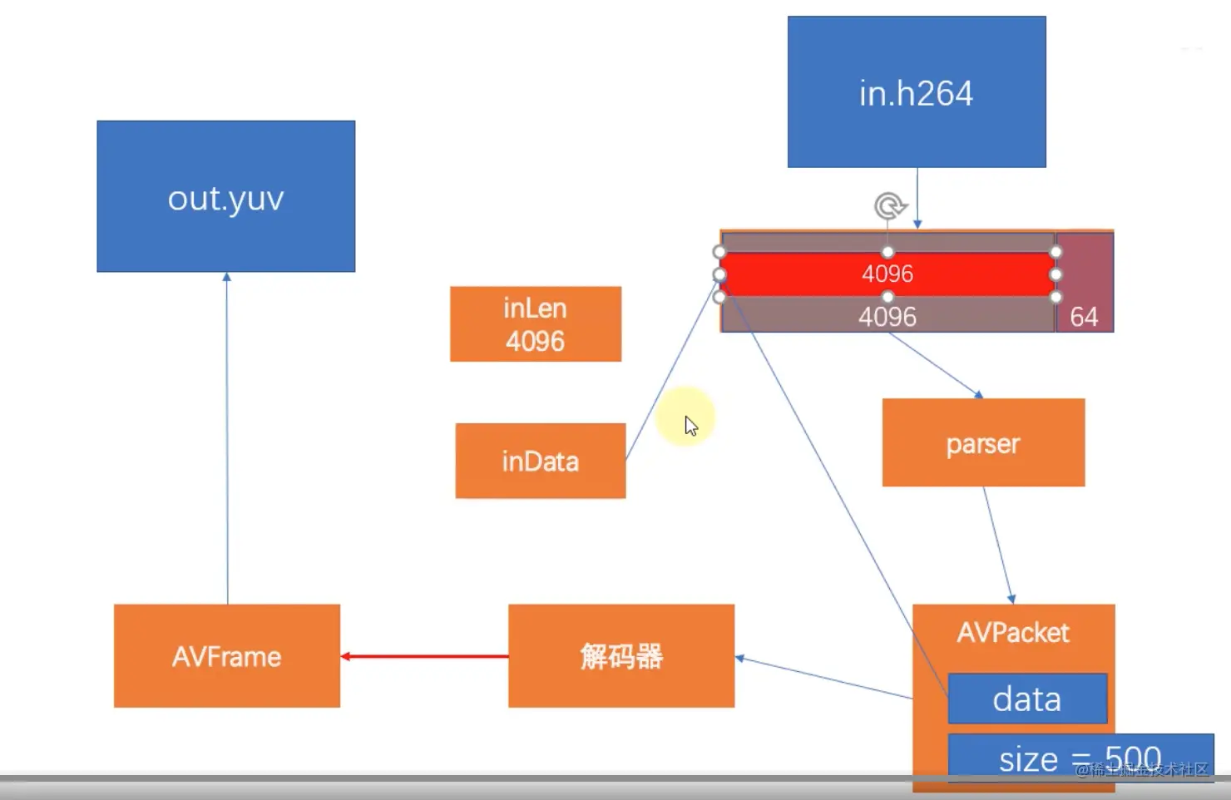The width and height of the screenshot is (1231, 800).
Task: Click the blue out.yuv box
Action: (225, 196)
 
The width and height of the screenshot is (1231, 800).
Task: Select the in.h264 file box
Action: (916, 91)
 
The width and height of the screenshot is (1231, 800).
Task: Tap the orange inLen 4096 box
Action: (535, 323)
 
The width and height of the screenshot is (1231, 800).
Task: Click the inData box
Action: (540, 461)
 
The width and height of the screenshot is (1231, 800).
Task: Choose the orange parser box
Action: (983, 442)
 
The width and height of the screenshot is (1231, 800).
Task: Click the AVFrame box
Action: (226, 656)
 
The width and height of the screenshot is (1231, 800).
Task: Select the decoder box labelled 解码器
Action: (620, 656)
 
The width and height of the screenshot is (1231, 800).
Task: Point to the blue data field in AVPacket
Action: (1027, 699)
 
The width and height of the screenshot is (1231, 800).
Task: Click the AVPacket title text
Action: (1013, 633)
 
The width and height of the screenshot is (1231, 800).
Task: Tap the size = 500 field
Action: (1080, 757)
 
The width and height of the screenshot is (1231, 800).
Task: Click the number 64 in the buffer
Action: (1084, 317)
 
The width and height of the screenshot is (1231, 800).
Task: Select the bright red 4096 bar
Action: (887, 274)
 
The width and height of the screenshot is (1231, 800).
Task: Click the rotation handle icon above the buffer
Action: (888, 205)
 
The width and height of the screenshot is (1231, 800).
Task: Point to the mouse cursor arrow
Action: (690, 426)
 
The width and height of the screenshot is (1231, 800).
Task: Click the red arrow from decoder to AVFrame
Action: (424, 656)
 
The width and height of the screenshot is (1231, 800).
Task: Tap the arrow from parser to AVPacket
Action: (997, 545)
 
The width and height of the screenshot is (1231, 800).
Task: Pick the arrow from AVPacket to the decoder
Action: (823, 678)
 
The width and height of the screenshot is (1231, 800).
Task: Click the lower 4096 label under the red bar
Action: (887, 317)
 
